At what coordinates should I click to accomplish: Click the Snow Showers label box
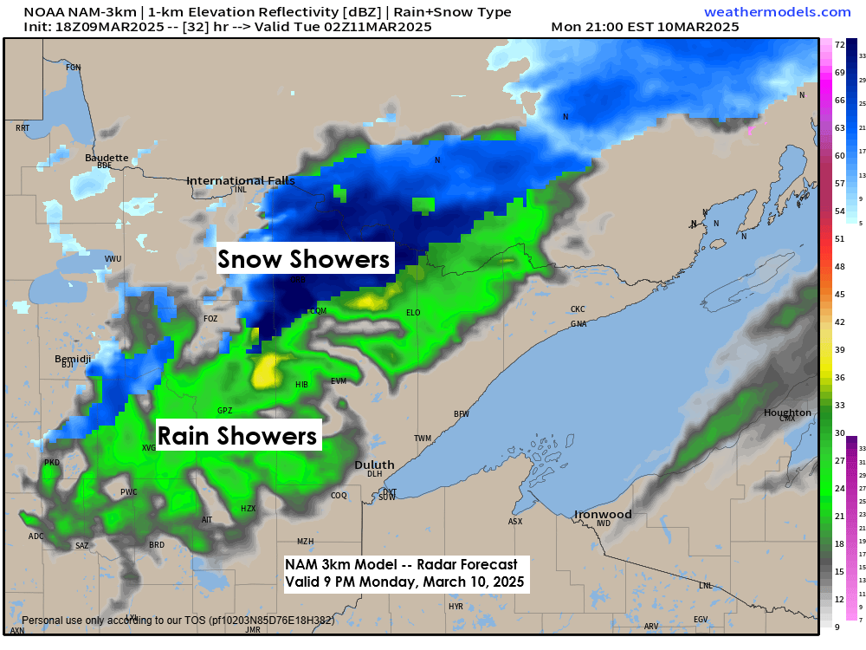[x=305, y=258]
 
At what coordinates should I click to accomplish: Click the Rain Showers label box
[x=236, y=435]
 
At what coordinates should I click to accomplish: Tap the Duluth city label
[x=374, y=465]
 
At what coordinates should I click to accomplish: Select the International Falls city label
[x=241, y=180]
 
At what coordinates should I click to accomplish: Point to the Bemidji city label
[x=73, y=358]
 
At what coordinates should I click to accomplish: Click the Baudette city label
[x=107, y=158]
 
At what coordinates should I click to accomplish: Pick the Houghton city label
[x=787, y=413]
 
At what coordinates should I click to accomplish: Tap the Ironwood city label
[x=604, y=514]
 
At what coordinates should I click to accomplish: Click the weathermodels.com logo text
[x=778, y=12]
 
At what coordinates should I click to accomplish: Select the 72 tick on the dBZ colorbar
[x=839, y=44]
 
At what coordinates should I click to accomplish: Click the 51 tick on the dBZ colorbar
[x=839, y=238]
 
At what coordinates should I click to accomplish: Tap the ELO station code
[x=413, y=313]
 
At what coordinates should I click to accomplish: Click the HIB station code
[x=301, y=384]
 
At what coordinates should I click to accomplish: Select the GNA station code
[x=578, y=324]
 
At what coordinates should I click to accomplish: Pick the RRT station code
[x=23, y=128]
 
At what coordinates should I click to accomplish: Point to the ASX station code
[x=515, y=522]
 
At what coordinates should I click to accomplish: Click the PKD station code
[x=52, y=463]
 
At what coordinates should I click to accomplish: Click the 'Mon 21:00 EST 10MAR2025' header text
[x=644, y=27]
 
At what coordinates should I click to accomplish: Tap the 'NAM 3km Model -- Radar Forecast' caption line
[x=401, y=564]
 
